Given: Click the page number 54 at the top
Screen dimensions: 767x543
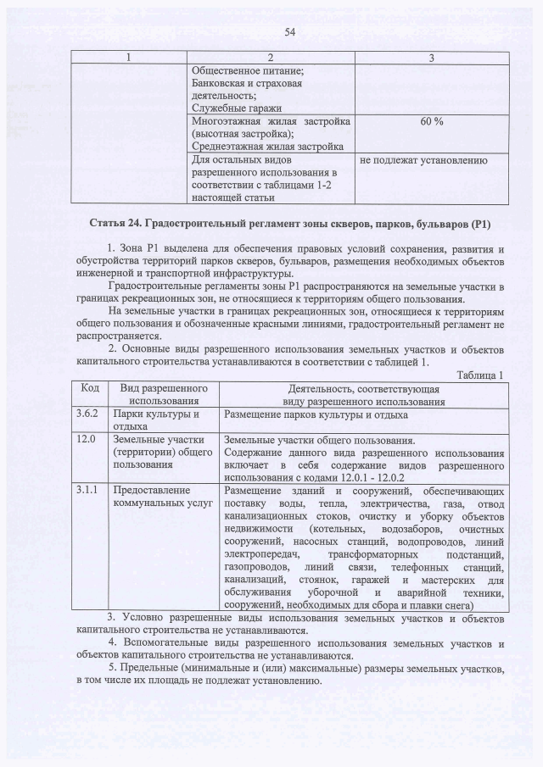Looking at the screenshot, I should pos(289,32).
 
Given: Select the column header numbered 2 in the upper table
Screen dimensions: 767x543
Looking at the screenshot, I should pos(271,58).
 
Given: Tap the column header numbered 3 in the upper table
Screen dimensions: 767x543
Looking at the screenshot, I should pos(432,58).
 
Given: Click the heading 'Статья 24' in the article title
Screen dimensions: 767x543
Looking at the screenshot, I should pos(115,224).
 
